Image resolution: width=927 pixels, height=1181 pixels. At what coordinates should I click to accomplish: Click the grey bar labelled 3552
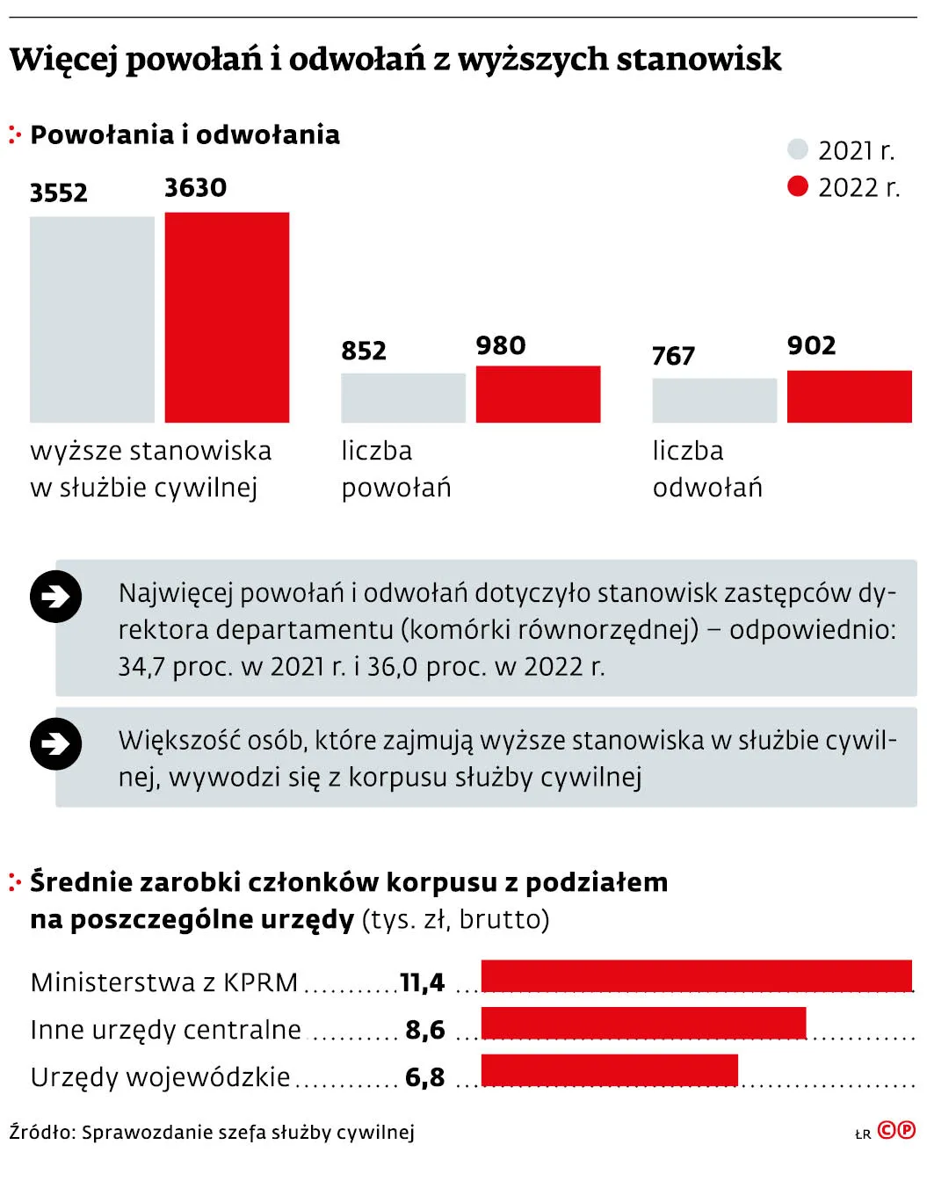(92, 319)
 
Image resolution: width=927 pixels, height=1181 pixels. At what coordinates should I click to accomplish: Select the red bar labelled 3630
(227, 317)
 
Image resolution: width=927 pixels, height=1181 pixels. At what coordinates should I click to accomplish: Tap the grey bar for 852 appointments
(402, 398)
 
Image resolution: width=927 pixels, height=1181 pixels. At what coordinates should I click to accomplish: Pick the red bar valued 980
(538, 395)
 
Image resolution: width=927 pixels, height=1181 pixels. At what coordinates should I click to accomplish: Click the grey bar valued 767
(714, 401)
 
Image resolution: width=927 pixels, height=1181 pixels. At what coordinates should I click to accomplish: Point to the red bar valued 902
(849, 396)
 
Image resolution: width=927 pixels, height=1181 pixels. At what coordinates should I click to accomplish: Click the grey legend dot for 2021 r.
(797, 149)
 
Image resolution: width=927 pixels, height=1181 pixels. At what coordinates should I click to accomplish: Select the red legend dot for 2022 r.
(797, 186)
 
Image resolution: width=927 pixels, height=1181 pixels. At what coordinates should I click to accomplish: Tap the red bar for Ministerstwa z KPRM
(696, 976)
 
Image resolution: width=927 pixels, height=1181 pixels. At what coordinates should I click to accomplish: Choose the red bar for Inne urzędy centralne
(643, 1024)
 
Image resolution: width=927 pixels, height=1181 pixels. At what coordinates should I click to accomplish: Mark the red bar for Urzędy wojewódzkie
(609, 1070)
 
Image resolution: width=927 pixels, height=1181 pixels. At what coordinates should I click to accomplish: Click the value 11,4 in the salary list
(423, 982)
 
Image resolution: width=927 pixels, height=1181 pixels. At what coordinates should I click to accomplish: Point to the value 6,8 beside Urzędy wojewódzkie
(425, 1077)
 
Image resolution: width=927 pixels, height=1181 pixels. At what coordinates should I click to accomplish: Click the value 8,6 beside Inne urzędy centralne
(425, 1030)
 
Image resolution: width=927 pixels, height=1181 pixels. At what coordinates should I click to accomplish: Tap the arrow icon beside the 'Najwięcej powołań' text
(56, 598)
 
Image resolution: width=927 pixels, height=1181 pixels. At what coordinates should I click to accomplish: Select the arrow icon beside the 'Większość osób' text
(56, 744)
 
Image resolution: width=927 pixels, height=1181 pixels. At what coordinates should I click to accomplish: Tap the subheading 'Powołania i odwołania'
(185, 134)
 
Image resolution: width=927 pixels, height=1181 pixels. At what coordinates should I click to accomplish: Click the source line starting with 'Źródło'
(212, 1132)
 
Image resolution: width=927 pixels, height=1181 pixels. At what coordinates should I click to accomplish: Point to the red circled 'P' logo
(905, 1130)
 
